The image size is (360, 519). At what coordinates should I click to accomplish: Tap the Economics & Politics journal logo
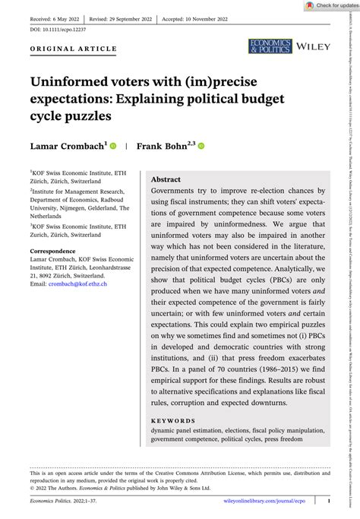coord(269,47)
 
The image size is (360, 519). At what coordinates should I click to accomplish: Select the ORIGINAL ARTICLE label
coord(74,49)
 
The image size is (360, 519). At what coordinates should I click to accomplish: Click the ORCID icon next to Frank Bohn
coord(202,146)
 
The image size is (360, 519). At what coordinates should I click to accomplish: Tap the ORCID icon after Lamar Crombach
coord(112,146)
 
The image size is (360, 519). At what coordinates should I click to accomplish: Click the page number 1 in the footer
coord(328,502)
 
